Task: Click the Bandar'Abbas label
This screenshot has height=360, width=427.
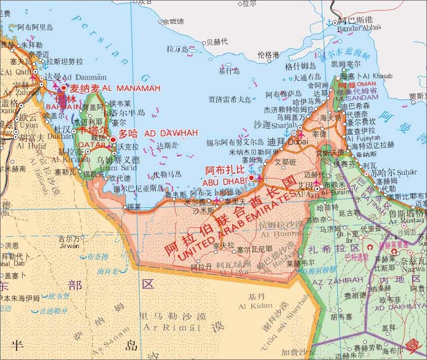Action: [x=359, y=28]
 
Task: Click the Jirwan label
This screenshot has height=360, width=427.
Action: [x=70, y=246]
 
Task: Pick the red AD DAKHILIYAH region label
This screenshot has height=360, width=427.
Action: [x=399, y=305]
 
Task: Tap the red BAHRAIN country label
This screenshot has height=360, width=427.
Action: [x=63, y=107]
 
